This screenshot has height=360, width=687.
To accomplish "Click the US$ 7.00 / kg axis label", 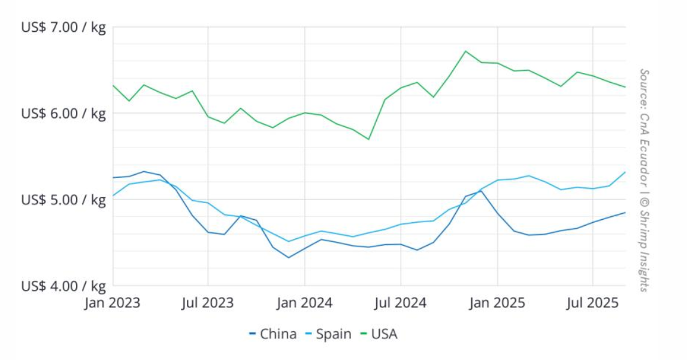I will [x=63, y=28].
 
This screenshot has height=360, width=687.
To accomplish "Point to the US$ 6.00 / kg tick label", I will [x=63, y=113].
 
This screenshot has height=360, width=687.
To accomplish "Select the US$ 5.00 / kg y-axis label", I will [x=63, y=199].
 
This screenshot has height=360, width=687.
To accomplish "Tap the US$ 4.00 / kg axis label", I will [x=63, y=286].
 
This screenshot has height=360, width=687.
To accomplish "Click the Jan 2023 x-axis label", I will [x=112, y=302].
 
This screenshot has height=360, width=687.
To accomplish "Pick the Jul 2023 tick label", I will [x=208, y=302].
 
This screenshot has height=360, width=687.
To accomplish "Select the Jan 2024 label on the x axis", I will [x=304, y=302].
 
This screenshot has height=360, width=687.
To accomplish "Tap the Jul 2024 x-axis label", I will [x=401, y=302].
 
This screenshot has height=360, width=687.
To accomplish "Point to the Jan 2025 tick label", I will [x=497, y=302].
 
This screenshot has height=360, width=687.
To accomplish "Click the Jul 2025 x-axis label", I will [x=593, y=302].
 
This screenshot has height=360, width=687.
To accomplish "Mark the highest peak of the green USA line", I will [x=465, y=51].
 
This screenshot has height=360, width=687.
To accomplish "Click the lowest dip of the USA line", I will [x=368, y=139].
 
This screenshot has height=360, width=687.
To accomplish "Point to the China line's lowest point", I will [x=289, y=258].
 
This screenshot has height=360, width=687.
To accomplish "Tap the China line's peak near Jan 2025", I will [x=480, y=191].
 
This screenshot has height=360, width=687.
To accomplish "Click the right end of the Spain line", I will [x=625, y=173].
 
